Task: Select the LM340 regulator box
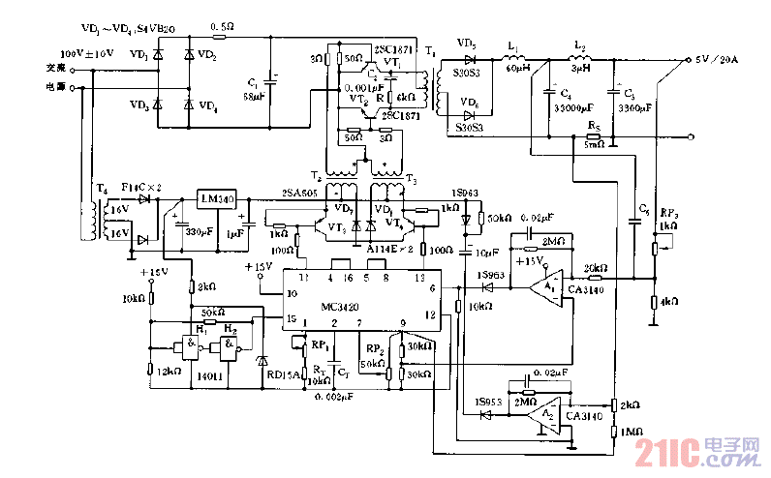(x=216, y=199)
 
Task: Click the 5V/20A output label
(x=717, y=60)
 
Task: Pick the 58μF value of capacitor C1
(x=254, y=97)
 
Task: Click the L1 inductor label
(x=512, y=46)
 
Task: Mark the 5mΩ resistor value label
(x=595, y=145)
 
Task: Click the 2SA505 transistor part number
(x=297, y=193)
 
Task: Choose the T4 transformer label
(x=101, y=189)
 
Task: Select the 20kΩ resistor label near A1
(x=594, y=268)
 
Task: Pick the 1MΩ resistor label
(x=632, y=431)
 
